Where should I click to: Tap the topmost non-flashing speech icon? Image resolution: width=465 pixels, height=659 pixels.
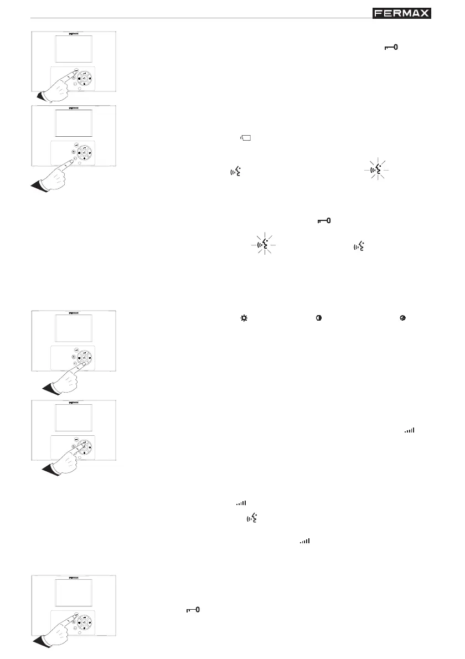pyautogui.click(x=235, y=173)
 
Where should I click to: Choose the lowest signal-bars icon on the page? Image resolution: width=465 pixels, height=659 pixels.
pyautogui.click(x=304, y=540)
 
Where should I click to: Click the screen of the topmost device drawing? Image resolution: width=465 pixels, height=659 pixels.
pyautogui.click(x=74, y=50)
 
